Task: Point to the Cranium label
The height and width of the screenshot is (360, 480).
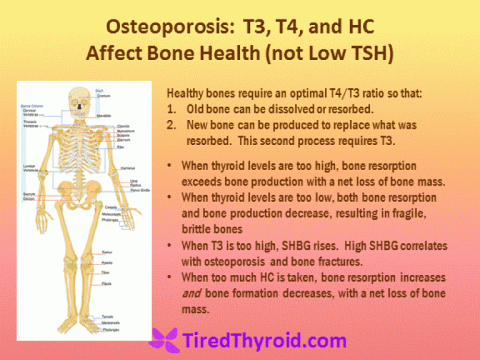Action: [103, 96]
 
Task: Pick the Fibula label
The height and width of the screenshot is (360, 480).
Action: [105, 284]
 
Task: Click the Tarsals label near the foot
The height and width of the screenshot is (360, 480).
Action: [107, 317]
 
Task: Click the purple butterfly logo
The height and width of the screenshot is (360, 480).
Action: [163, 340]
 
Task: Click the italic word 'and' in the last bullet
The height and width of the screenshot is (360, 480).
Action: [190, 293]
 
